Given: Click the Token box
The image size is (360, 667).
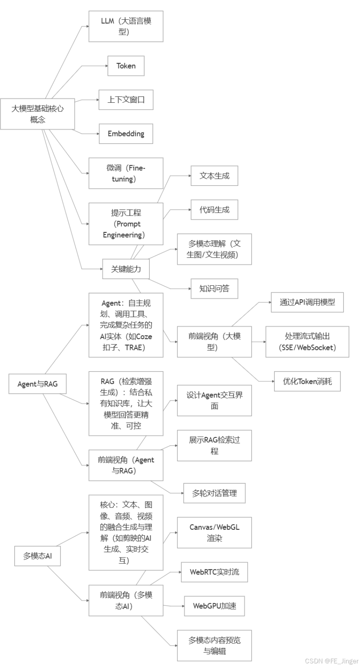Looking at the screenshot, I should (x=126, y=66).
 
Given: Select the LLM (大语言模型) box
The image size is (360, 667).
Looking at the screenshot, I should (x=126, y=26).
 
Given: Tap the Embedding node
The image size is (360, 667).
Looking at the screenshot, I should (x=126, y=134).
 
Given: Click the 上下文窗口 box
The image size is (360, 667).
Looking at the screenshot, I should (x=126, y=100).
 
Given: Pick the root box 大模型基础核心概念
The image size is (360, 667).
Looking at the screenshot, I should (x=37, y=114).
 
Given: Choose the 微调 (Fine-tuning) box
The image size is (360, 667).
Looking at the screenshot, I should (x=126, y=173).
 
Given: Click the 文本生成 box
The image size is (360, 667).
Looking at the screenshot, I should (x=214, y=176).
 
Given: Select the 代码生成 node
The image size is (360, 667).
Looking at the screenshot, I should (x=214, y=209).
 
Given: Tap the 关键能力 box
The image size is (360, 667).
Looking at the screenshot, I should (x=126, y=269).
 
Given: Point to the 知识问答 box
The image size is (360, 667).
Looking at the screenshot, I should (x=214, y=289).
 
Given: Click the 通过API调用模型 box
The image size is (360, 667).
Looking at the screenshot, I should (x=307, y=302).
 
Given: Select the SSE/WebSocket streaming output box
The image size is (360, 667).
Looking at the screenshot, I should (x=307, y=342).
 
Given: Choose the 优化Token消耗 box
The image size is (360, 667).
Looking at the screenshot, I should (x=307, y=381).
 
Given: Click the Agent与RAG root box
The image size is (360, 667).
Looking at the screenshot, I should (x=37, y=384).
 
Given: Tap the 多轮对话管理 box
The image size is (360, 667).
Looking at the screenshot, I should (x=214, y=493).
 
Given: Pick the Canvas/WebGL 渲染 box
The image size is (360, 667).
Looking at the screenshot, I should (x=214, y=533).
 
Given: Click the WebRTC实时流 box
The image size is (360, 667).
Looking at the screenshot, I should (x=214, y=572).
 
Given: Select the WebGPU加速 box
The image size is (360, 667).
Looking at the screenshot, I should (x=214, y=606).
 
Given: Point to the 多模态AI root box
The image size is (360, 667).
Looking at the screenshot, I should (x=37, y=556).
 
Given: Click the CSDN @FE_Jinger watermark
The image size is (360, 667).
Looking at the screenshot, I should (x=331, y=661).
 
